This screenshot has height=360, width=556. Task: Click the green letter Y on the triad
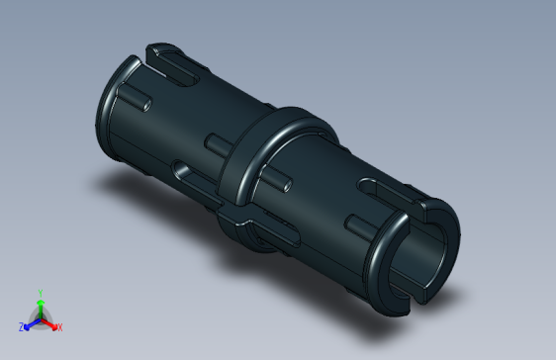40,293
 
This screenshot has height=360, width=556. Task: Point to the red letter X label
59,326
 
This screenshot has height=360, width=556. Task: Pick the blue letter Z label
21,326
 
